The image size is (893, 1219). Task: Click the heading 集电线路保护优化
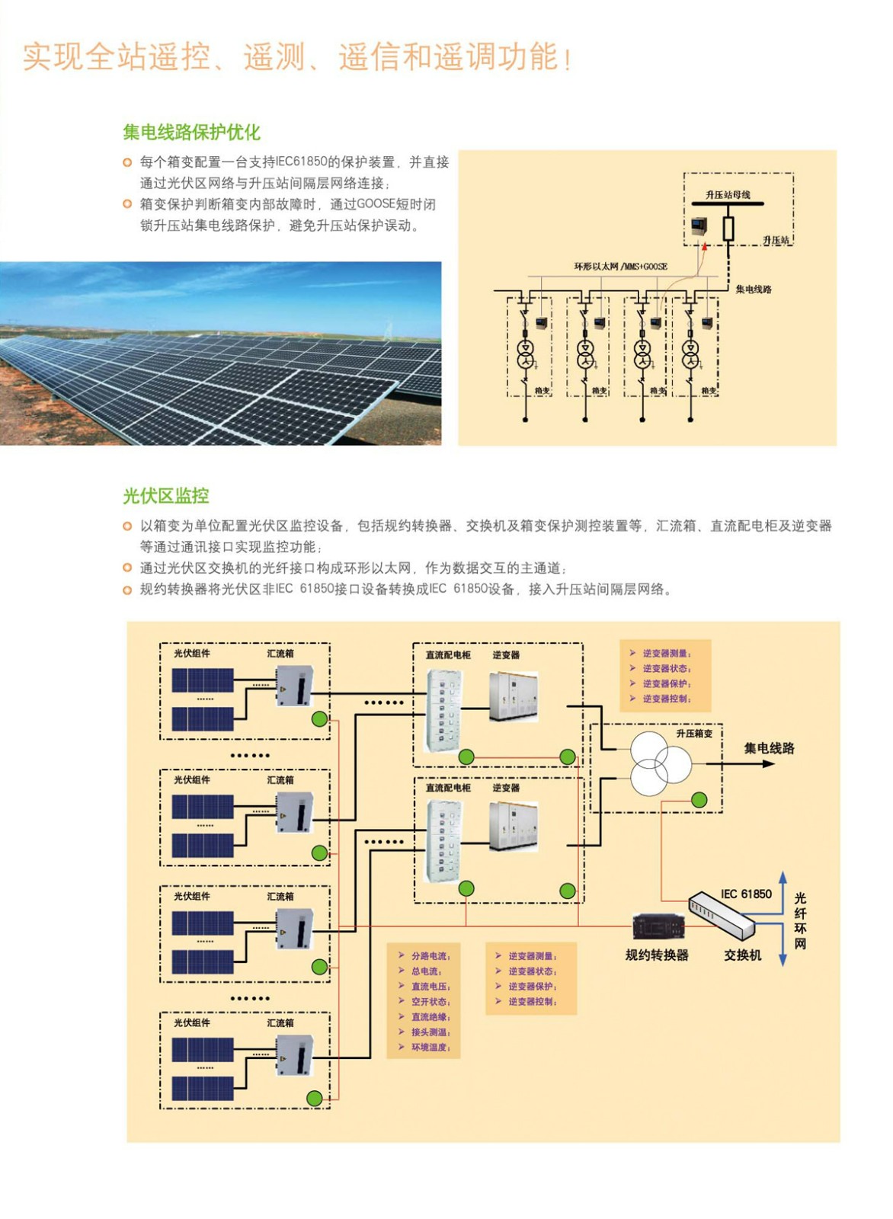coord(191,133)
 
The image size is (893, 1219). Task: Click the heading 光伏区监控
coord(165,496)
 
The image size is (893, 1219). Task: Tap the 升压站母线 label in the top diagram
coord(727,195)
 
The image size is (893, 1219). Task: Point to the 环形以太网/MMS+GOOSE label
coord(620,267)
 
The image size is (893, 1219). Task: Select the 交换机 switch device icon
coord(722,913)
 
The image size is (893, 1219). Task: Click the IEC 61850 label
coord(746,894)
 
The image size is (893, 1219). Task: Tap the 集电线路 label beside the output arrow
coord(769,748)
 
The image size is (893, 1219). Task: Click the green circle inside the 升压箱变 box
coord(699,800)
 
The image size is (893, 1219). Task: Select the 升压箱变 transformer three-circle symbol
coord(660,763)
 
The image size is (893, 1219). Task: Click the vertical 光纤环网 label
coord(800,921)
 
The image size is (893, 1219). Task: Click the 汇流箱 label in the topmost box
coord(280,654)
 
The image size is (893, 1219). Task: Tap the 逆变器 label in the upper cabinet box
coord(506,655)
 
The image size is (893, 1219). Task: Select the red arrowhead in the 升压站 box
coord(705,245)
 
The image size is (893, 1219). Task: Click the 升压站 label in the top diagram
coord(776,241)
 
